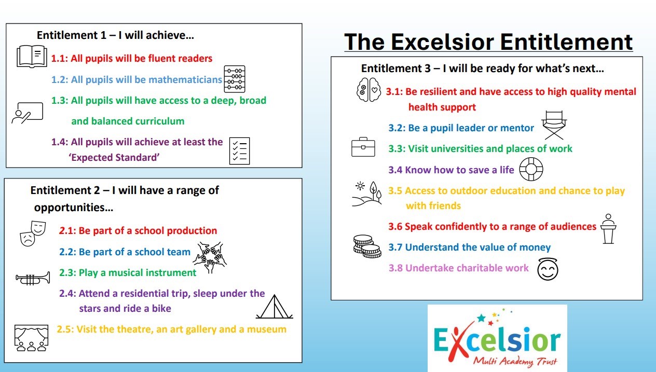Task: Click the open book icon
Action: pyautogui.click(x=32, y=56)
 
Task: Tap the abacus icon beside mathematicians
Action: pyautogui.click(x=235, y=79)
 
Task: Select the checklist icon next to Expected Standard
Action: pyautogui.click(x=240, y=151)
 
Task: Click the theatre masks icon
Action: pyautogui.click(x=33, y=233)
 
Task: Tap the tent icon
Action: pyautogui.click(x=275, y=307)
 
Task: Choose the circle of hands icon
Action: pyautogui.click(x=210, y=257)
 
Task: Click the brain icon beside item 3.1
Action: pyautogui.click(x=368, y=90)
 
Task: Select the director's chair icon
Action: pyautogui.click(x=554, y=125)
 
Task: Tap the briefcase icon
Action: pyautogui.click(x=363, y=147)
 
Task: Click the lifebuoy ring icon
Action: pyautogui.click(x=531, y=169)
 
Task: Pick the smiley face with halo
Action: pyautogui.click(x=548, y=269)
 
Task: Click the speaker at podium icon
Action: pyautogui.click(x=608, y=229)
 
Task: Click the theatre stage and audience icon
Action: pyautogui.click(x=31, y=338)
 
